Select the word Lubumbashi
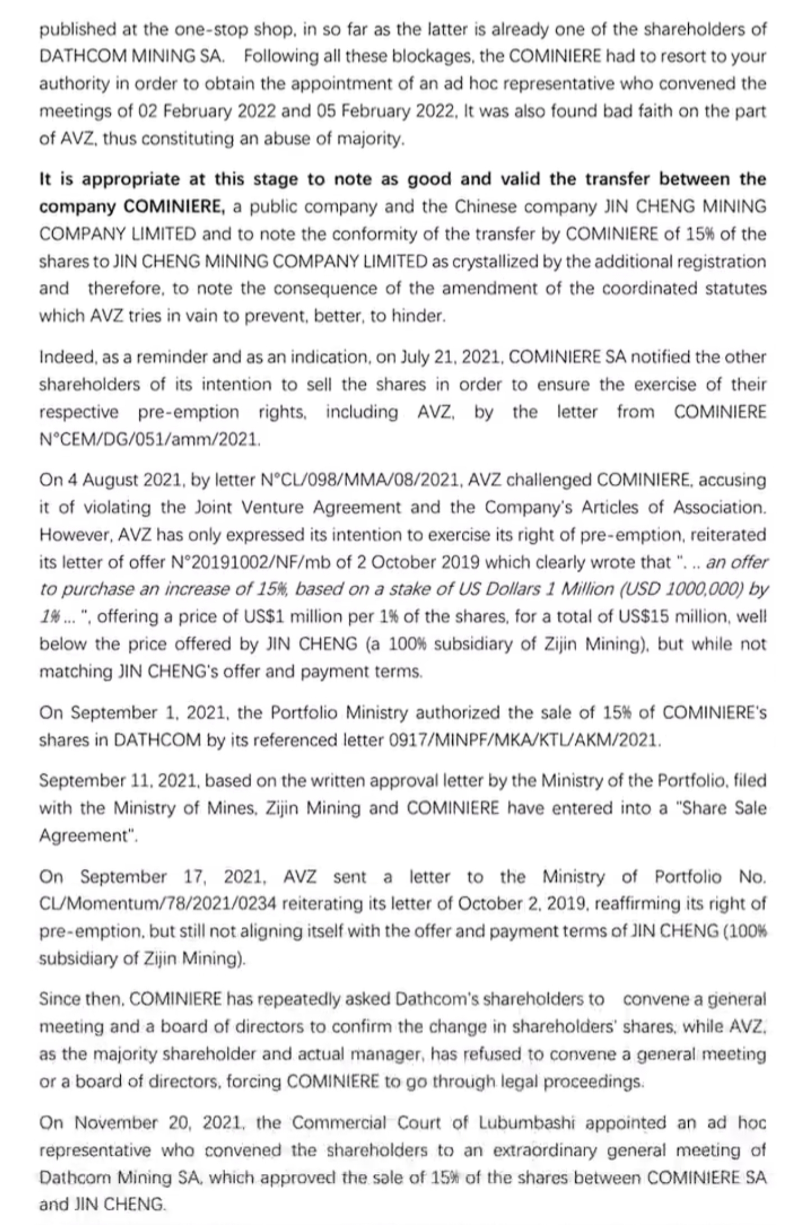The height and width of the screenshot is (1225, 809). pyautogui.click(x=526, y=1123)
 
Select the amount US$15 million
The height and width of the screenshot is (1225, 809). pyautogui.click(x=670, y=616)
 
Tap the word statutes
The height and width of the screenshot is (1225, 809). pyautogui.click(x=731, y=288)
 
